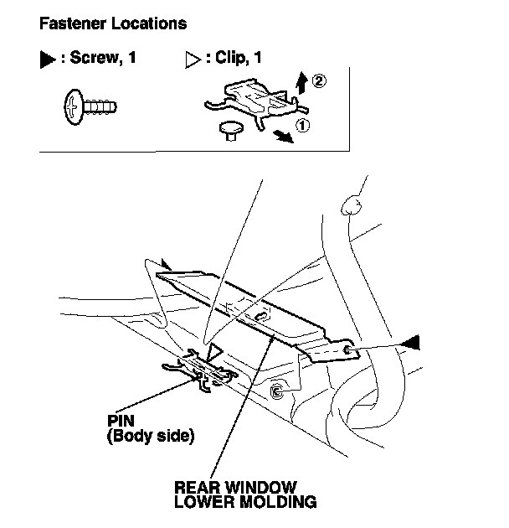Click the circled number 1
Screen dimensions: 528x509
pos(303,126)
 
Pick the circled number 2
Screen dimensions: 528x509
pos(317,81)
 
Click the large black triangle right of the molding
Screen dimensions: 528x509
pos(413,342)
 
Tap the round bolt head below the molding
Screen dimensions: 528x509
pos(277,391)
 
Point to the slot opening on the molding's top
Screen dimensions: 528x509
pos(260,316)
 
